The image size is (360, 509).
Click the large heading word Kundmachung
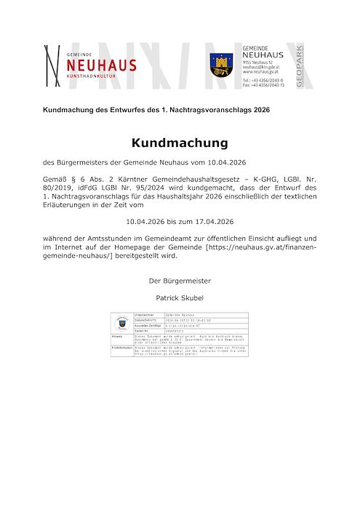[180, 143]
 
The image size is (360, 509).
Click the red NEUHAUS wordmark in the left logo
[101, 66]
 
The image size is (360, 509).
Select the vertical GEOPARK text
[299, 66]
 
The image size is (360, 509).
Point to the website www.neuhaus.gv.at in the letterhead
[260, 72]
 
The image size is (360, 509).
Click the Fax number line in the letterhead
[263, 85]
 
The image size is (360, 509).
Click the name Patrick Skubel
[180, 297]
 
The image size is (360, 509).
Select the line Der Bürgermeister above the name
[180, 280]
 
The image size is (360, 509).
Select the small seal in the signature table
[121, 323]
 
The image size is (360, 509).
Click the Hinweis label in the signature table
[117, 337]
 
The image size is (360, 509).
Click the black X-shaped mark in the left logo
[52, 66]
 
